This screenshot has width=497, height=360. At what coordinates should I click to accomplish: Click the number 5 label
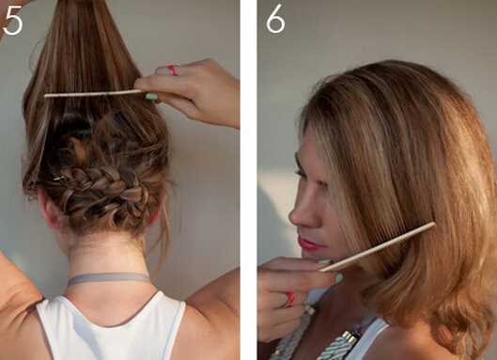12,22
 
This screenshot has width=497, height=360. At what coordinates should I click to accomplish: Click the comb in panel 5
93,94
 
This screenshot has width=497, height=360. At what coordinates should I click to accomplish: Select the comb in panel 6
377,247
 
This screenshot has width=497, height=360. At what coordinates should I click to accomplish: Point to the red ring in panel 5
173,70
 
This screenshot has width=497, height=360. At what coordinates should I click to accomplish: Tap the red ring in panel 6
290,299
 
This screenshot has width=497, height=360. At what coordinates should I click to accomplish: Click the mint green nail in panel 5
151,96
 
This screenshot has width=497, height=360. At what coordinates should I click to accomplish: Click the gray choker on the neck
108,278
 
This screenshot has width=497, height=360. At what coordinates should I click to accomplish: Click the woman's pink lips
308,243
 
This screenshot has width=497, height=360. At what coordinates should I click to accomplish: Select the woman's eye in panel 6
301,174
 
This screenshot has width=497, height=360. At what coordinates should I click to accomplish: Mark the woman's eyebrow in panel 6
299,160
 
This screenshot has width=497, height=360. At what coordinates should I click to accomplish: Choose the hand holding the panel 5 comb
190,90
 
